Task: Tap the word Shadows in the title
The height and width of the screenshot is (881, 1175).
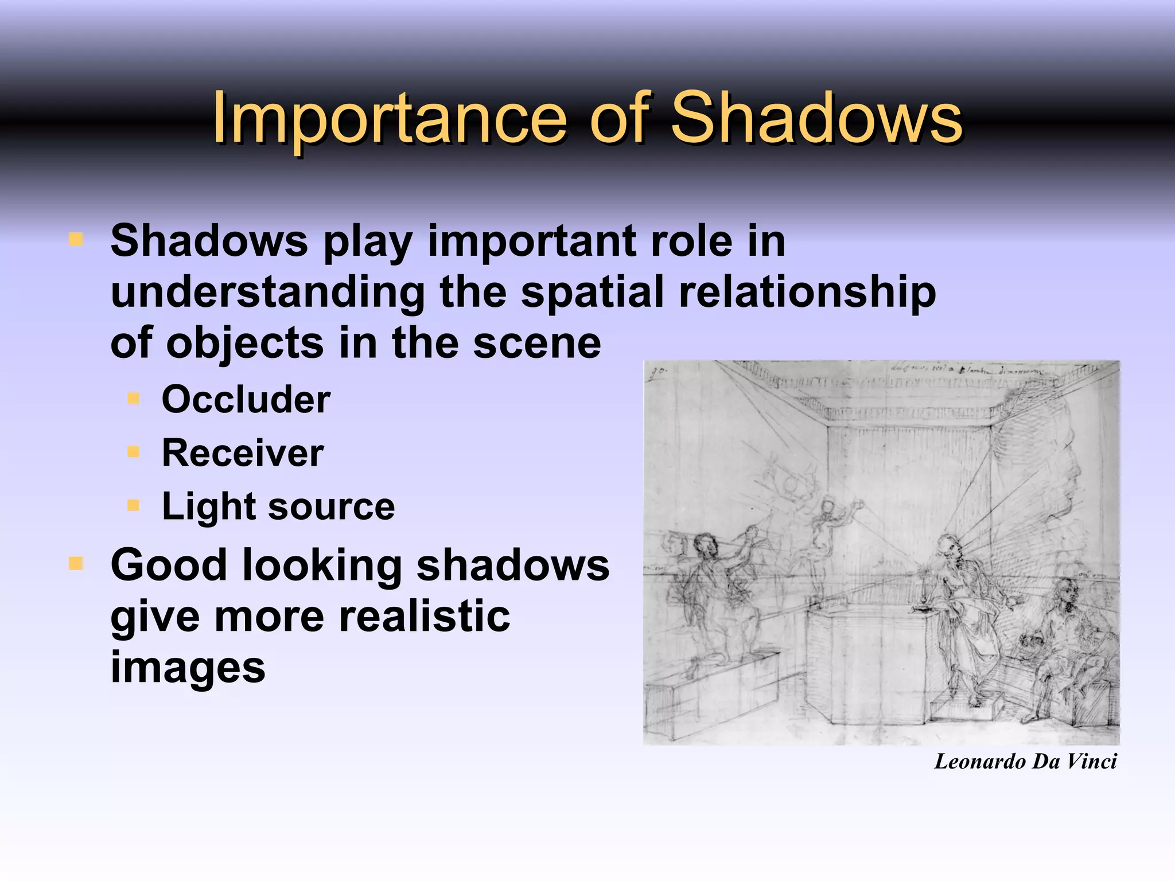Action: click(x=816, y=118)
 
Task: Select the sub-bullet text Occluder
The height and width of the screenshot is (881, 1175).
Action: click(x=246, y=399)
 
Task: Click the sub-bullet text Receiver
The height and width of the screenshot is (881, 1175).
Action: click(x=243, y=453)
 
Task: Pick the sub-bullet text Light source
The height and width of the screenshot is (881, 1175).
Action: click(x=278, y=506)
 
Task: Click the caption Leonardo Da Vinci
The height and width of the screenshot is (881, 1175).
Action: click(x=1025, y=762)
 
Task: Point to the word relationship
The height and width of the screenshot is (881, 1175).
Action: click(x=807, y=292)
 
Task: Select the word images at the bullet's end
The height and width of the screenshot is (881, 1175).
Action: click(x=188, y=668)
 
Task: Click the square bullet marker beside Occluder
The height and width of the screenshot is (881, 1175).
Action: click(x=134, y=398)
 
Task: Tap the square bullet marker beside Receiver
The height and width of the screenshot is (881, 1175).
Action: click(x=134, y=452)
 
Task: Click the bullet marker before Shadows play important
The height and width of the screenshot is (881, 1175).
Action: click(x=75, y=239)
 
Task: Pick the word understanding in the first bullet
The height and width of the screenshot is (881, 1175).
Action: click(x=267, y=292)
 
